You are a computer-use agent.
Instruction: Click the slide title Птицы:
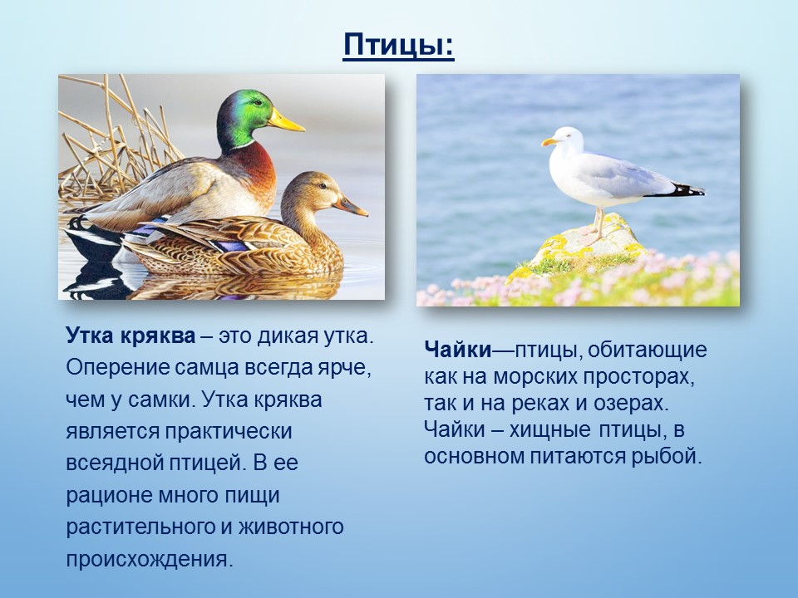[x=398, y=45]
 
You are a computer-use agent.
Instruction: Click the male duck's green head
[x=244, y=118]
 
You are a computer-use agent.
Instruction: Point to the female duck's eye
[x=321, y=186]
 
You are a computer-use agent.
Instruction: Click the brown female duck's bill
[x=351, y=205]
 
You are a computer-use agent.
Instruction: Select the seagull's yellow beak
[x=550, y=141]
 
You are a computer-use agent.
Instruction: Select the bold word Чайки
[x=457, y=350]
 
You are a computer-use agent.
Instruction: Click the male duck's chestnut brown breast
[x=257, y=173]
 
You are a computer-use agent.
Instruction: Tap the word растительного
[x=140, y=527]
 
